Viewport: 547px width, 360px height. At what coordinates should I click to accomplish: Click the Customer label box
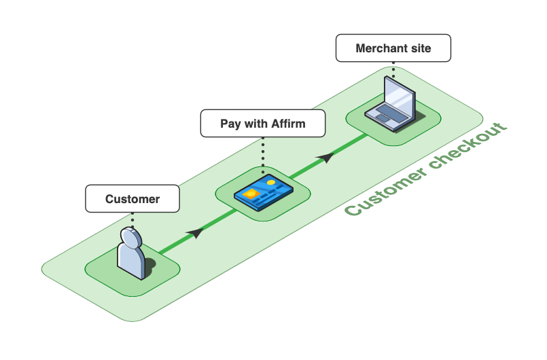pos(133,199)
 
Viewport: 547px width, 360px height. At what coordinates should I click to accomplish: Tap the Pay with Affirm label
pos(262,124)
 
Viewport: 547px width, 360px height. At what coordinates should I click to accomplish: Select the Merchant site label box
pos(393,48)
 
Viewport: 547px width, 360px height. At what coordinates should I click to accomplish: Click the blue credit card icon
pos(263,192)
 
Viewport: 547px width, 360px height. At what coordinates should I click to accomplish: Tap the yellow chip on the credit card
pos(250,194)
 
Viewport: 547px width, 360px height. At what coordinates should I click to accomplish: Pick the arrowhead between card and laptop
pos(326,157)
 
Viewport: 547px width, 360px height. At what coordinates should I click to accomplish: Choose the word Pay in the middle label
pos(230,124)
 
